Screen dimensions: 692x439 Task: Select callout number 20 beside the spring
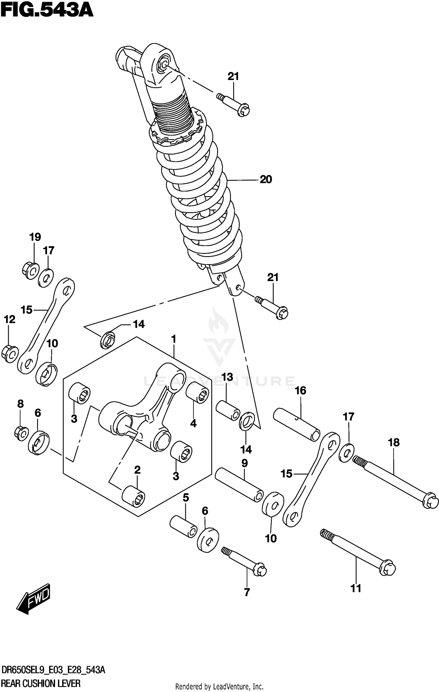266,179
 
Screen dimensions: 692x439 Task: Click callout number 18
394,442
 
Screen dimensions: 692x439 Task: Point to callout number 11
356,588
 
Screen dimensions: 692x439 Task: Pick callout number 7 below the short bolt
247,592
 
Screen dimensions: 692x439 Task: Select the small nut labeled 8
21,433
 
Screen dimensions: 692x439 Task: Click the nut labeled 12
10,354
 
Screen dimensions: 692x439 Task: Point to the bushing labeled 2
133,496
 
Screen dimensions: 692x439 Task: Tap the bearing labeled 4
198,392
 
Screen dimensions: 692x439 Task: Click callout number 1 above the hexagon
174,339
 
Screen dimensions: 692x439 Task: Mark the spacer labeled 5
183,527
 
